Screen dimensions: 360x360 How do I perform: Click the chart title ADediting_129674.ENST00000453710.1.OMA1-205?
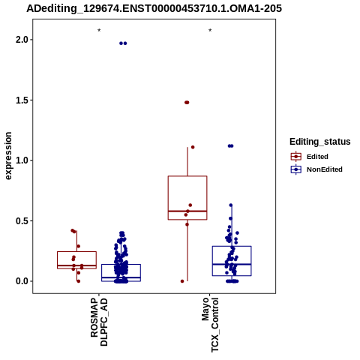click(x=154, y=8)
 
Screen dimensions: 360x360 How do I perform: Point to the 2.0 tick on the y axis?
click(x=21, y=40)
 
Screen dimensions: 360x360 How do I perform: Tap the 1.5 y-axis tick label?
click(x=21, y=100)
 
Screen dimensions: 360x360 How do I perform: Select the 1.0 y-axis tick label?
click(x=21, y=160)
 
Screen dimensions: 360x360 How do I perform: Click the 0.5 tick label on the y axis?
click(x=21, y=220)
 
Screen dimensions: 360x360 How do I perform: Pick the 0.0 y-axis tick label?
click(x=21, y=281)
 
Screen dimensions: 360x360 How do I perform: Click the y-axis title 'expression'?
click(x=8, y=156)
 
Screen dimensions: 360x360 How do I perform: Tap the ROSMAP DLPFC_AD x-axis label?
click(x=99, y=322)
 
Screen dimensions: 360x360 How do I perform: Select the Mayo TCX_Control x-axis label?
click(x=210, y=325)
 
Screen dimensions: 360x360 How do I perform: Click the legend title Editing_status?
click(x=320, y=142)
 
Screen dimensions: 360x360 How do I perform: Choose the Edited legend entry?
click(x=310, y=157)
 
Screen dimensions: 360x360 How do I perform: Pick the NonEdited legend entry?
click(x=316, y=169)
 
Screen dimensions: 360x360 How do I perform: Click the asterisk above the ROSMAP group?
click(x=99, y=31)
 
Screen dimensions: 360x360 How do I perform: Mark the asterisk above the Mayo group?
click(x=210, y=31)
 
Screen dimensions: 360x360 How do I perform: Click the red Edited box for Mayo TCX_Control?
click(x=187, y=176)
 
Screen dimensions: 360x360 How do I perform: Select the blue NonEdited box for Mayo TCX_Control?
click(x=232, y=246)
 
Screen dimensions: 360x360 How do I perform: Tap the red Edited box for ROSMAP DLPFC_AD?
click(x=76, y=251)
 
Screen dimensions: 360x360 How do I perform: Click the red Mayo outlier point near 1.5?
click(x=187, y=103)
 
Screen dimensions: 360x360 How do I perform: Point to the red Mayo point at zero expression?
click(x=182, y=281)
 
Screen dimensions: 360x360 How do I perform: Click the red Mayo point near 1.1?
click(x=193, y=147)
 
